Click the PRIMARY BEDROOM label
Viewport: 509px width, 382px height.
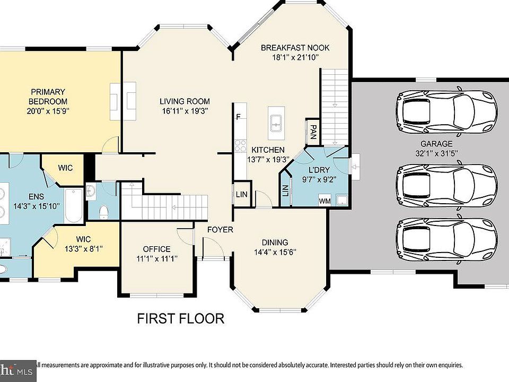(48, 97)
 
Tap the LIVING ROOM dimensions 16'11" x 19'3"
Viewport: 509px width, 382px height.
(185, 111)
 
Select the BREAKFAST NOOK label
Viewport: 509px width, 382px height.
(295, 48)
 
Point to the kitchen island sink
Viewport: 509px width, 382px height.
(276, 124)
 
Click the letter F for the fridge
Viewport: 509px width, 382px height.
(239, 117)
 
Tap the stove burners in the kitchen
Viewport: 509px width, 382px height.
(240, 145)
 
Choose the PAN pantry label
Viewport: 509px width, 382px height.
(313, 132)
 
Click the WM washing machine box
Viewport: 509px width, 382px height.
(324, 201)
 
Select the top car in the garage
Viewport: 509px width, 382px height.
(446, 111)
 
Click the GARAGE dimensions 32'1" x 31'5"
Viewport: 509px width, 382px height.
(436, 153)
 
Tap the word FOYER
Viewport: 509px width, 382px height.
(221, 230)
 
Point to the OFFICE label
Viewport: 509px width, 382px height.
(157, 249)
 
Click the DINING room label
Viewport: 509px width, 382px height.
(275, 242)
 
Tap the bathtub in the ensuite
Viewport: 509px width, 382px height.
(74, 205)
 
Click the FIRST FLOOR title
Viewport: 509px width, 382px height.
(180, 319)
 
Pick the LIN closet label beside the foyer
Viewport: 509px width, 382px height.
(242, 195)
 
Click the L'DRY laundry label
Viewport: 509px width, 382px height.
(319, 170)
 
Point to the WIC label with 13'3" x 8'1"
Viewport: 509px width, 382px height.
(83, 239)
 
